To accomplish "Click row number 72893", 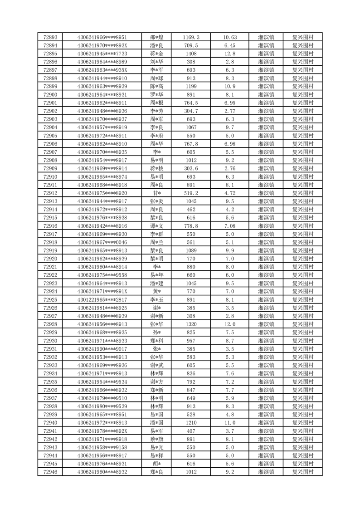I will click(50, 37).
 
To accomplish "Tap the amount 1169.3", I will click(191, 37).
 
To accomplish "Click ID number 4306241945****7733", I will click(102, 54).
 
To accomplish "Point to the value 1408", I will click(191, 54).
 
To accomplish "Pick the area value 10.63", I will click(230, 37).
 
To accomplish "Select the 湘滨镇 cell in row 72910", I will click(266, 176).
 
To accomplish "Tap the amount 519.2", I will click(191, 193).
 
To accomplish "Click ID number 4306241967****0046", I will click(102, 242).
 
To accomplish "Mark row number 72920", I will click(50, 259).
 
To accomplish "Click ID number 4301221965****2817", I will click(102, 299).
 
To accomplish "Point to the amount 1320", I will click(191, 324).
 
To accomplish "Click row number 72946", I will click(50, 472).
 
